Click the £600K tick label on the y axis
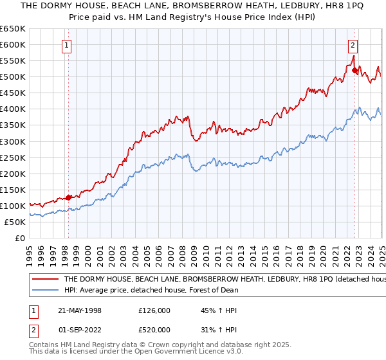[x=13, y=44]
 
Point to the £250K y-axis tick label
[x=13, y=157]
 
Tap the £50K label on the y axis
[x=15, y=222]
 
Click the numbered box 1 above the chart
[x=68, y=45]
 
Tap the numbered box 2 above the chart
[x=353, y=45]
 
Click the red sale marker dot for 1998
[x=69, y=197]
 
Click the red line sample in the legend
[x=44, y=280]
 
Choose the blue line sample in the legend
[x=44, y=290]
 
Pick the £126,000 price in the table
[x=154, y=310]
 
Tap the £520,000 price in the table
[x=154, y=330]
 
